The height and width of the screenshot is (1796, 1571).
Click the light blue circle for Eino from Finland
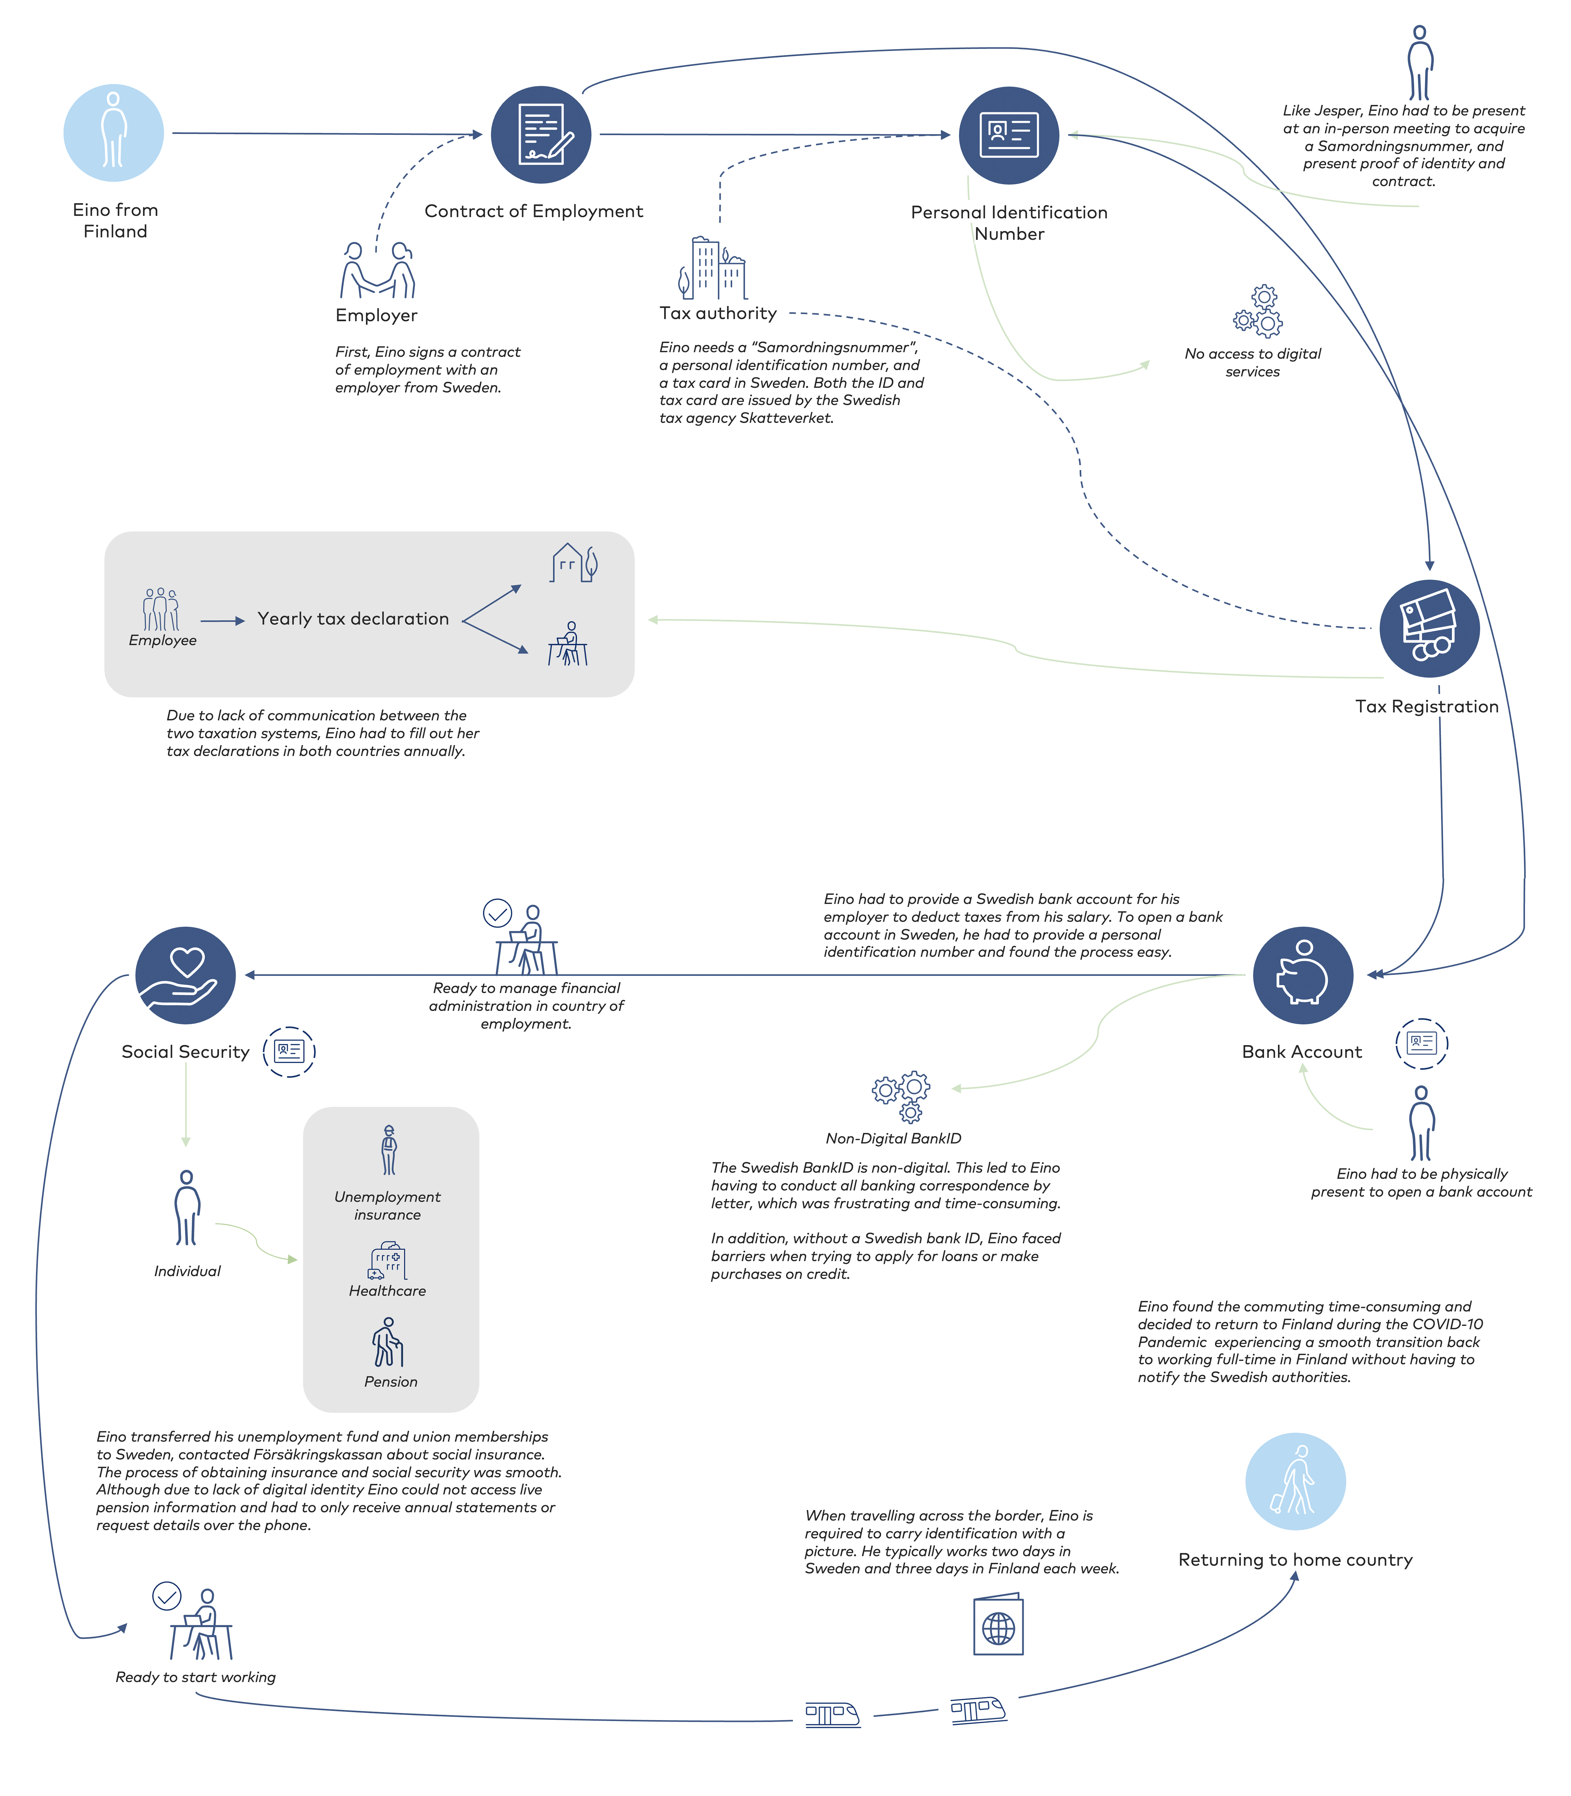(x=114, y=133)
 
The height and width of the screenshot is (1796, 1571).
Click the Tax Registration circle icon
(x=1430, y=629)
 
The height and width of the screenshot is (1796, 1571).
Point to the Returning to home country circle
(x=1296, y=1481)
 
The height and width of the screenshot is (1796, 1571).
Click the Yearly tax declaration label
(x=353, y=619)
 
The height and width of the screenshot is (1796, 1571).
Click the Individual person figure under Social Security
(x=187, y=1208)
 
